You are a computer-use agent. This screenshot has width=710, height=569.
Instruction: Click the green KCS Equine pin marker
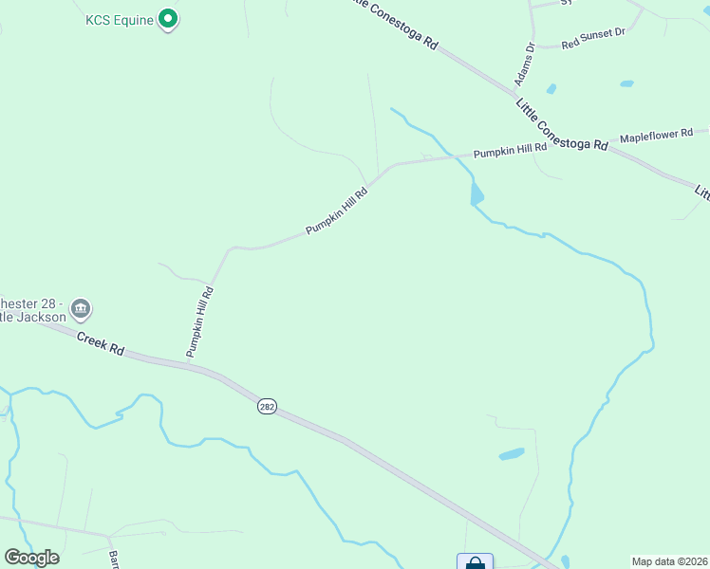tap(168, 18)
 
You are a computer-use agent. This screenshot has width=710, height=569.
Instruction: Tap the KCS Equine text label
tap(119, 20)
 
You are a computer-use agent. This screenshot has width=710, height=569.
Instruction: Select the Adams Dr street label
tap(525, 64)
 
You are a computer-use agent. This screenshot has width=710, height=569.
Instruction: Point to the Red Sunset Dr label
tap(593, 38)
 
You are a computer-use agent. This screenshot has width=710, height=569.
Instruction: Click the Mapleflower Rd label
tap(656, 136)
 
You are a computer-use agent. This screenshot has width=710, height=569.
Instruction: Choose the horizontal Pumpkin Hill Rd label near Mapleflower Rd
tap(510, 150)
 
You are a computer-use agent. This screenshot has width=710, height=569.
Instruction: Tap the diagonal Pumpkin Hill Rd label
tap(336, 210)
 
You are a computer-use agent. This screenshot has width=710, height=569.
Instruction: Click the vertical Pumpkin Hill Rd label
tap(200, 322)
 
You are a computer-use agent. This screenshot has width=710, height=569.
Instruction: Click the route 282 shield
tap(267, 406)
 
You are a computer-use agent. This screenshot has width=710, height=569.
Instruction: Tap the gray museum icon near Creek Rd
tap(81, 308)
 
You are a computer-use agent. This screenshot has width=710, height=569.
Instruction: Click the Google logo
tap(31, 558)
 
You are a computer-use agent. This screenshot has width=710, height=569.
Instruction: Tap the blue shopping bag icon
tap(475, 562)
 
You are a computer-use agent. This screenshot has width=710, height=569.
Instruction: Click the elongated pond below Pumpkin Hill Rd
tap(476, 194)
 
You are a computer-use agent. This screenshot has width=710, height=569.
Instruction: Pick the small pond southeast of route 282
tap(512, 453)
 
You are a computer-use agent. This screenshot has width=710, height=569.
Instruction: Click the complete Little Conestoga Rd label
tap(561, 124)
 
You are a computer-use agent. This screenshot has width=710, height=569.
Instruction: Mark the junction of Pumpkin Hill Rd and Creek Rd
tap(189, 361)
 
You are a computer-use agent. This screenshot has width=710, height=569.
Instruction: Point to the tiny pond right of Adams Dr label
tap(551, 89)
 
